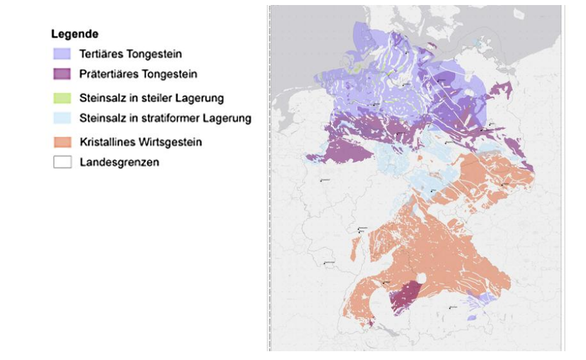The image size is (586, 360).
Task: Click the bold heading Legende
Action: pos(75,34)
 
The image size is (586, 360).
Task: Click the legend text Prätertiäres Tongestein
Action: pos(138,74)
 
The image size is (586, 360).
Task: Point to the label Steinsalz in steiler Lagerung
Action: pos(151,98)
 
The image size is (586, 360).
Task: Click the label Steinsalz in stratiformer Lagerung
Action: pos(165,118)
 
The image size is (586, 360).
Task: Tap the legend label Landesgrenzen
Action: pos(119,162)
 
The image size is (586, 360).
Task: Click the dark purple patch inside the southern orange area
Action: pos(406,295)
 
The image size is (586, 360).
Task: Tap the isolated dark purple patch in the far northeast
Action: pos(500,92)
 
